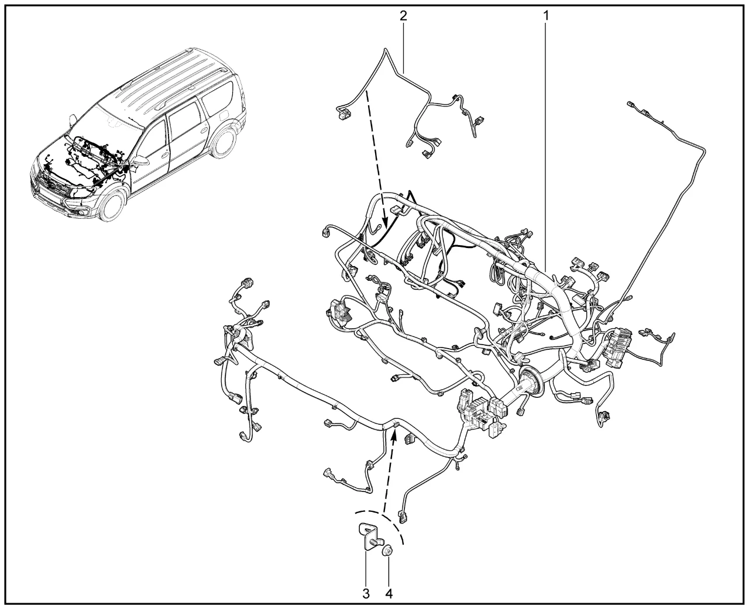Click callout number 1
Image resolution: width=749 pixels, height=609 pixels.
[x=546, y=15]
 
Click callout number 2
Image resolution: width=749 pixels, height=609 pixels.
[x=403, y=15]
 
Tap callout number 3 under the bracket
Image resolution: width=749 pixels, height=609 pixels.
[x=366, y=594]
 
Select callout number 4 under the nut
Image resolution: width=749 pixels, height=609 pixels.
[x=389, y=594]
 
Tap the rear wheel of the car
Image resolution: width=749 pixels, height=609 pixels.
[x=224, y=142]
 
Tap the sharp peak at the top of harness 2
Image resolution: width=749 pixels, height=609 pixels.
[x=386, y=50]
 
